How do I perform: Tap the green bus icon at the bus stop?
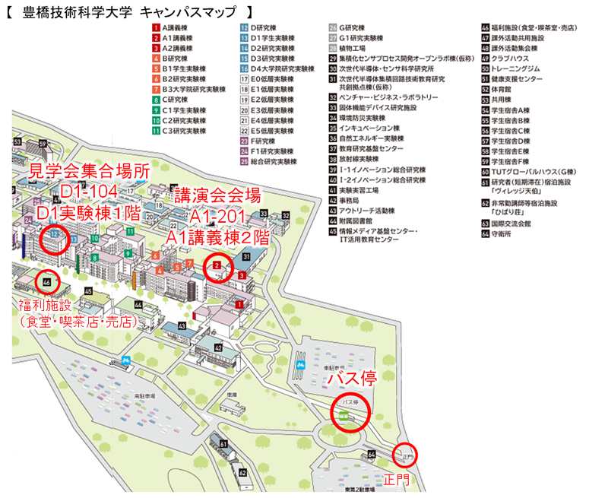click(344, 415)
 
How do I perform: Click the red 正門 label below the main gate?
click(395, 480)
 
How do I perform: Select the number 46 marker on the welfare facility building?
click(47, 282)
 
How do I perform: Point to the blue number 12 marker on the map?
click(54, 235)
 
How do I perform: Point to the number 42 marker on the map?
click(217, 348)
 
